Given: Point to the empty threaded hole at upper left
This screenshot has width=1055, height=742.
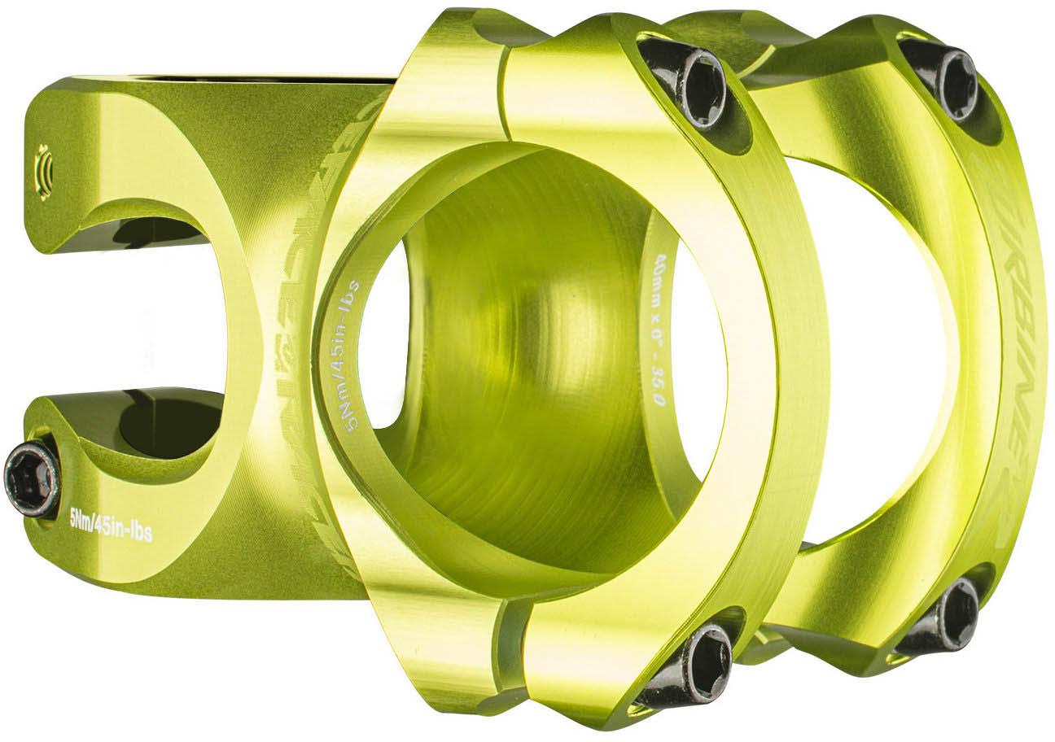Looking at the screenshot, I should [x=45, y=170].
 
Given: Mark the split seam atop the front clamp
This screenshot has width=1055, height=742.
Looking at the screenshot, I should [x=505, y=89].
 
